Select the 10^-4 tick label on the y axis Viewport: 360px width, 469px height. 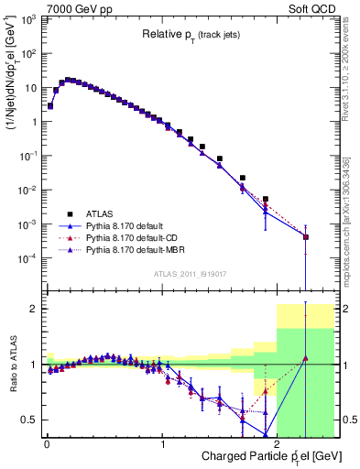[27, 258]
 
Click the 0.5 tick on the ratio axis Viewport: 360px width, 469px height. [30, 420]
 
